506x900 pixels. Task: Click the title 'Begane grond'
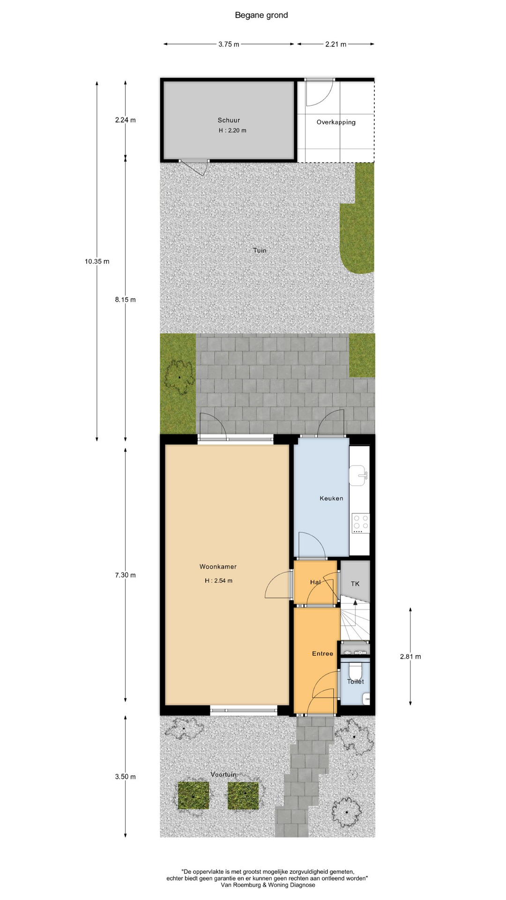pyautogui.click(x=261, y=15)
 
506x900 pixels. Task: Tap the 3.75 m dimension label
pyautogui.click(x=229, y=45)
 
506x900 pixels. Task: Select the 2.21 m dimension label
pyautogui.click(x=336, y=45)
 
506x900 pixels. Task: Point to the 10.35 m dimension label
pyautogui.click(x=97, y=262)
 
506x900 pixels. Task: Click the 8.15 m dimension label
pyautogui.click(x=126, y=300)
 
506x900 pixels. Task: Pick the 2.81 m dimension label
pyautogui.click(x=410, y=657)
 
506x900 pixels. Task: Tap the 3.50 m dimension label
pyautogui.click(x=126, y=777)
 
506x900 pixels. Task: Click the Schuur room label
pyautogui.click(x=229, y=120)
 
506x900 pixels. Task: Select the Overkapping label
pyautogui.click(x=336, y=122)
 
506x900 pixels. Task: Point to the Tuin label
pyautogui.click(x=260, y=250)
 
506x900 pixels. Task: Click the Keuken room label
pyautogui.click(x=331, y=498)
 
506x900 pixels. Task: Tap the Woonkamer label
pyautogui.click(x=218, y=567)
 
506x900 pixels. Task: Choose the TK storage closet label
pyautogui.click(x=355, y=584)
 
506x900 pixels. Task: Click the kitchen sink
pyautogui.click(x=358, y=475)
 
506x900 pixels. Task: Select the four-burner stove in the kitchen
pyautogui.click(x=361, y=524)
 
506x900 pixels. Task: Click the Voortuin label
pyautogui.click(x=223, y=774)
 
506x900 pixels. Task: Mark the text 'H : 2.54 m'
pyautogui.click(x=218, y=581)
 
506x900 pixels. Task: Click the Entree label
pyautogui.click(x=323, y=653)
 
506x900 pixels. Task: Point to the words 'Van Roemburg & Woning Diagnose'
pyautogui.click(x=268, y=885)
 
